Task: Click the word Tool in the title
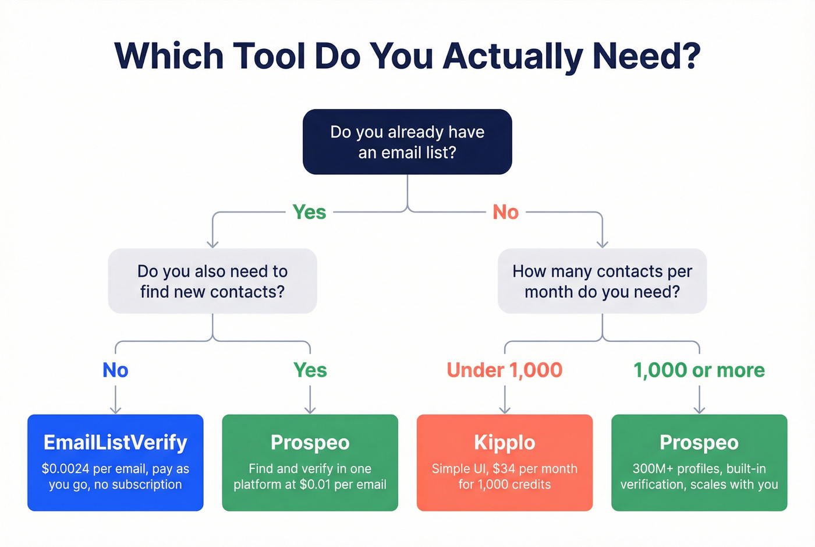[269, 57]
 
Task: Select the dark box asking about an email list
[407, 142]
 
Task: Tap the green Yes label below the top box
[309, 212]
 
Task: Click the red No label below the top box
[505, 212]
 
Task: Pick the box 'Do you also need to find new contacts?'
[212, 281]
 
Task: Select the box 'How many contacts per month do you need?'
[602, 281]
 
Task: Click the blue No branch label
[115, 370]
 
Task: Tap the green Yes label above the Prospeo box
[310, 370]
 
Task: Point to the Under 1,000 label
[505, 370]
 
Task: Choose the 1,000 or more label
[699, 370]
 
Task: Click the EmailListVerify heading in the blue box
[115, 443]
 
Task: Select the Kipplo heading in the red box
[505, 443]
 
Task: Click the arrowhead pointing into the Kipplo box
[505, 410]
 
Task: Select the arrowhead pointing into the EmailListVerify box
[115, 410]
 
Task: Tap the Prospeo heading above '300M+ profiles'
[699, 443]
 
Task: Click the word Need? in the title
[646, 57]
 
